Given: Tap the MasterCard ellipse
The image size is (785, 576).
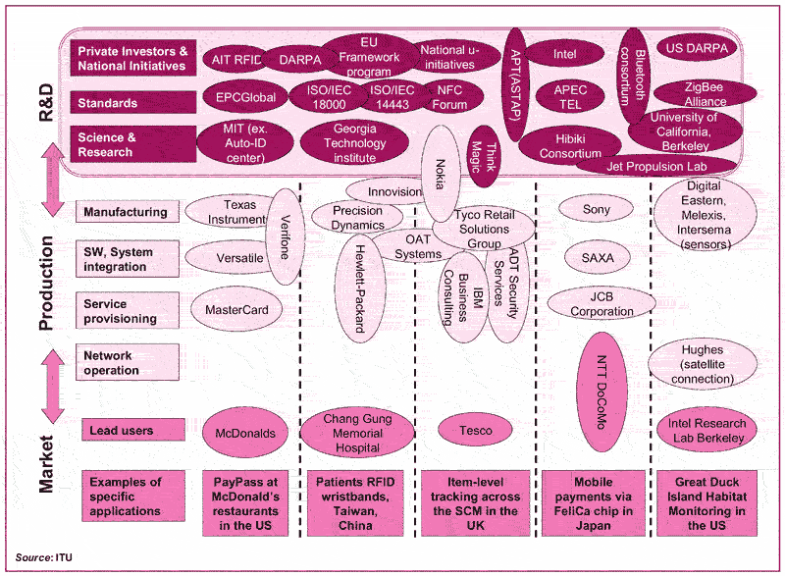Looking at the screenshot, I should tap(236, 310).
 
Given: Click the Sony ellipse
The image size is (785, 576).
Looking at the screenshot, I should tap(596, 209).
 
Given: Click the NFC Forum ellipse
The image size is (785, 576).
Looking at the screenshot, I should tap(450, 97).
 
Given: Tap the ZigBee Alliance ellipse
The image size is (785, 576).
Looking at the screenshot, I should tap(706, 94).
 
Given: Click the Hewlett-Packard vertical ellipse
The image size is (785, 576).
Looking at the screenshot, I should tap(357, 288).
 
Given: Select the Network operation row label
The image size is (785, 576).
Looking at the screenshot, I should tap(128, 363).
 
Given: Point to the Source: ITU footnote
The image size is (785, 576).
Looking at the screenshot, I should tap(44, 557).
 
